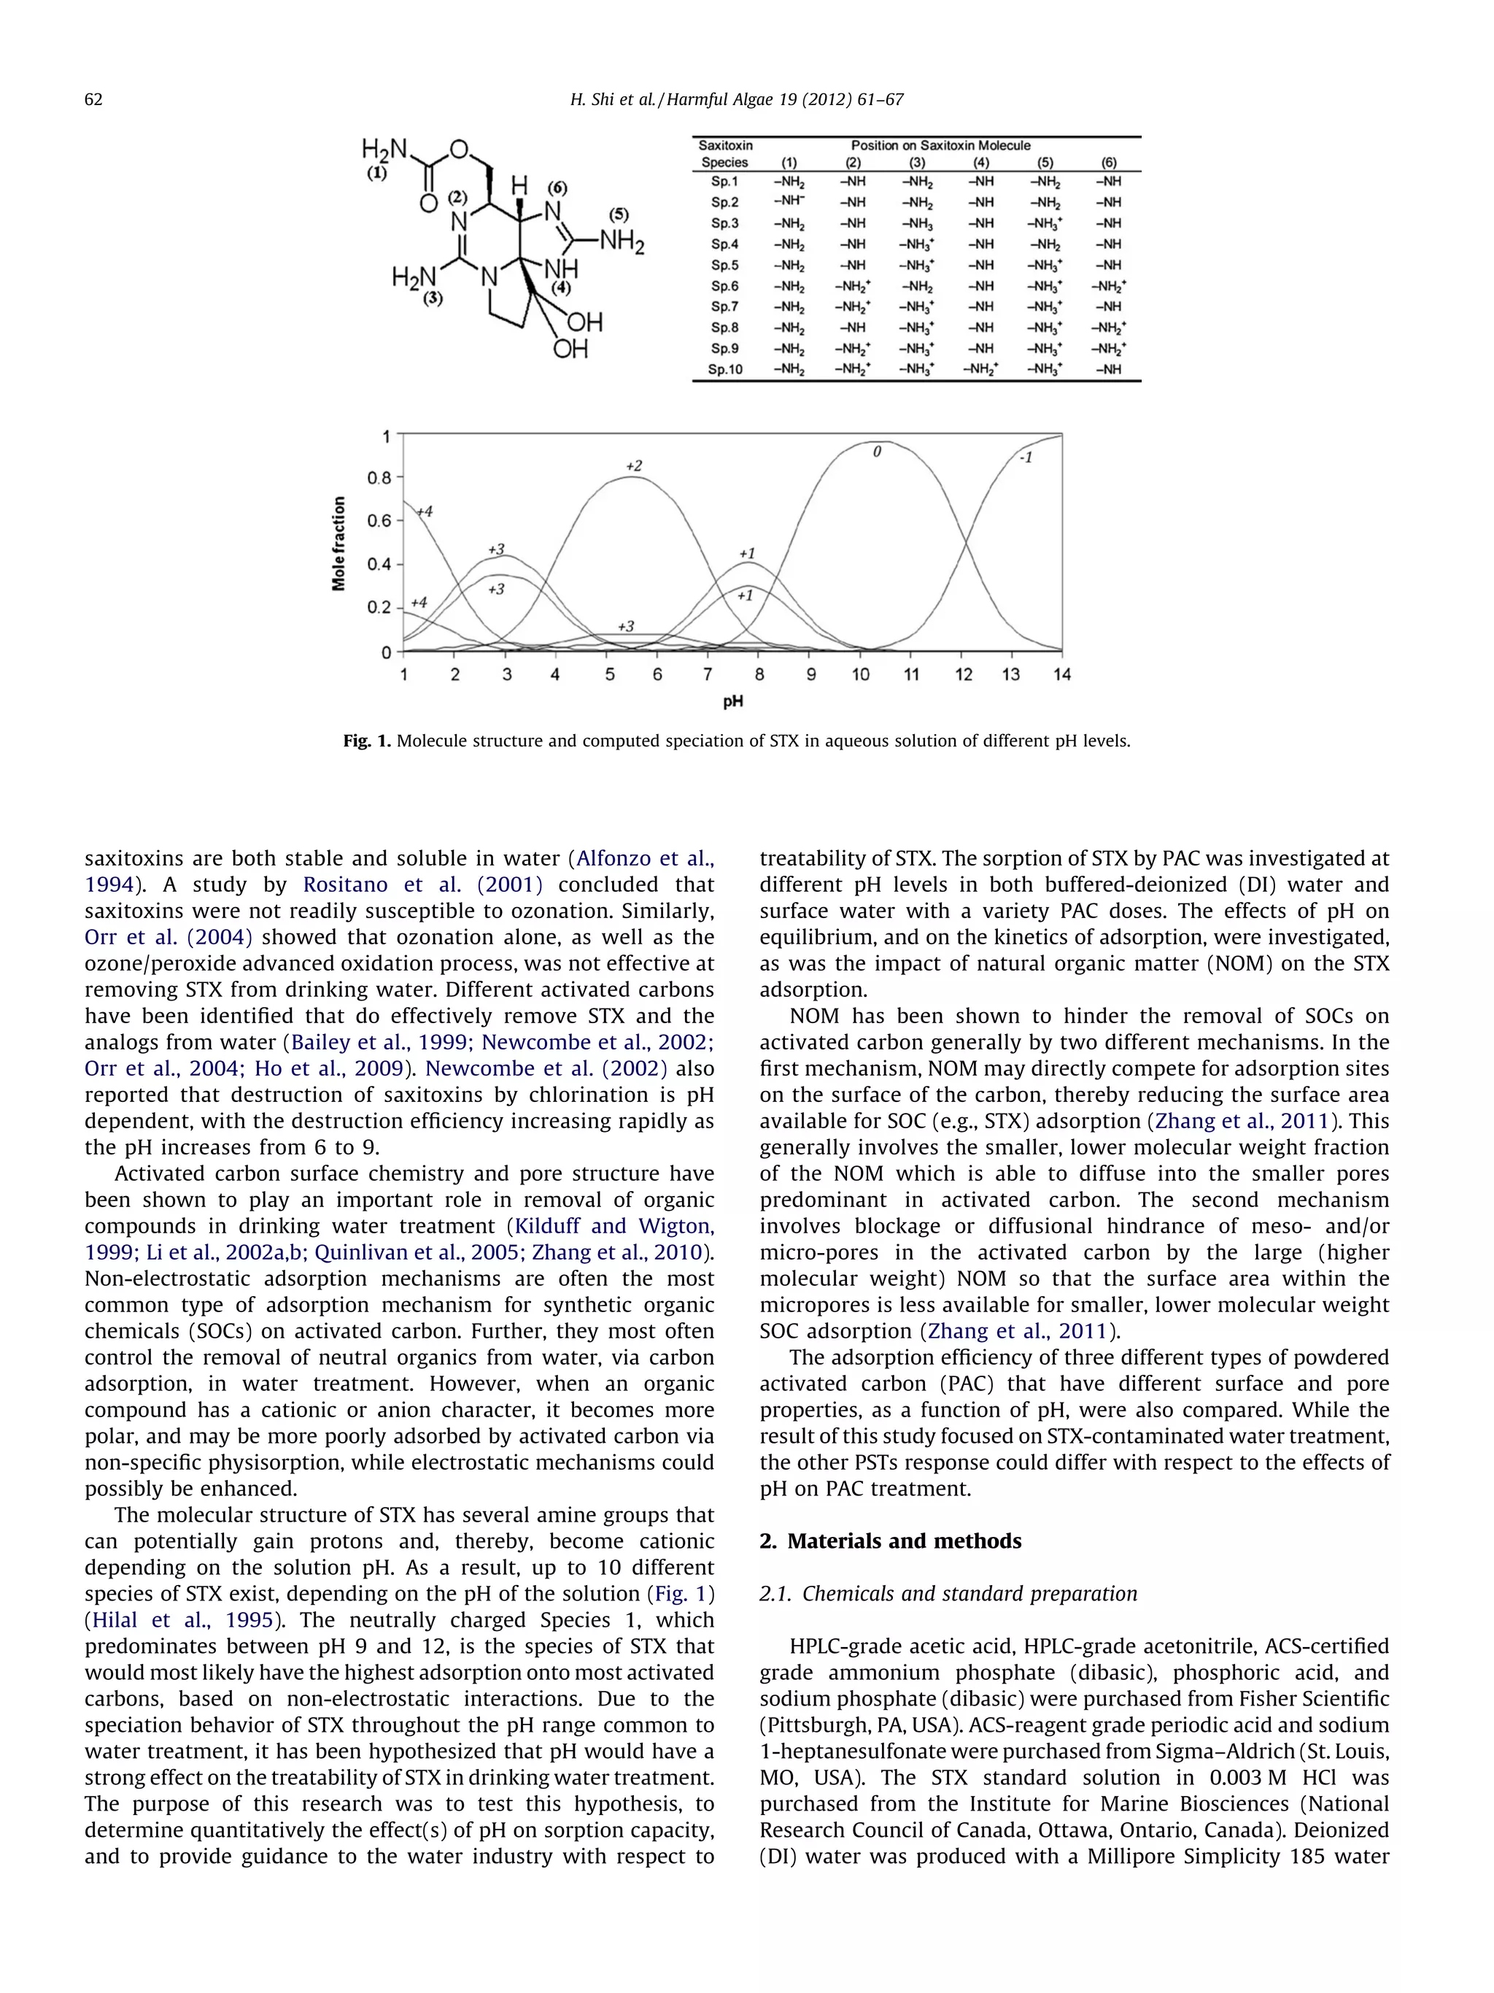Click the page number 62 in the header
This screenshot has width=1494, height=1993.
pos(93,100)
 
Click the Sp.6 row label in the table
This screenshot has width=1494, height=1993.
pos(724,287)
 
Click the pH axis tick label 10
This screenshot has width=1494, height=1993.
pos(860,675)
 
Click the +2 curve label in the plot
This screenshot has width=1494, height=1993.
pos(634,466)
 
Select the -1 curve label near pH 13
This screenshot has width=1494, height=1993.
pos(1025,458)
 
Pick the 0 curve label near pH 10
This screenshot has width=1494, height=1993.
pos(876,452)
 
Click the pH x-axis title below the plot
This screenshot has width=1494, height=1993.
pos(733,701)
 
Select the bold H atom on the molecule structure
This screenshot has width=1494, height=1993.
pos(519,187)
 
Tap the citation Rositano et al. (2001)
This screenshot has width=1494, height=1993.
pos(422,884)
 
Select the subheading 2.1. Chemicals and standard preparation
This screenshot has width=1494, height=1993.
pos(948,1594)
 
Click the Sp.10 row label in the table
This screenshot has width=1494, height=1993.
pos(724,369)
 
